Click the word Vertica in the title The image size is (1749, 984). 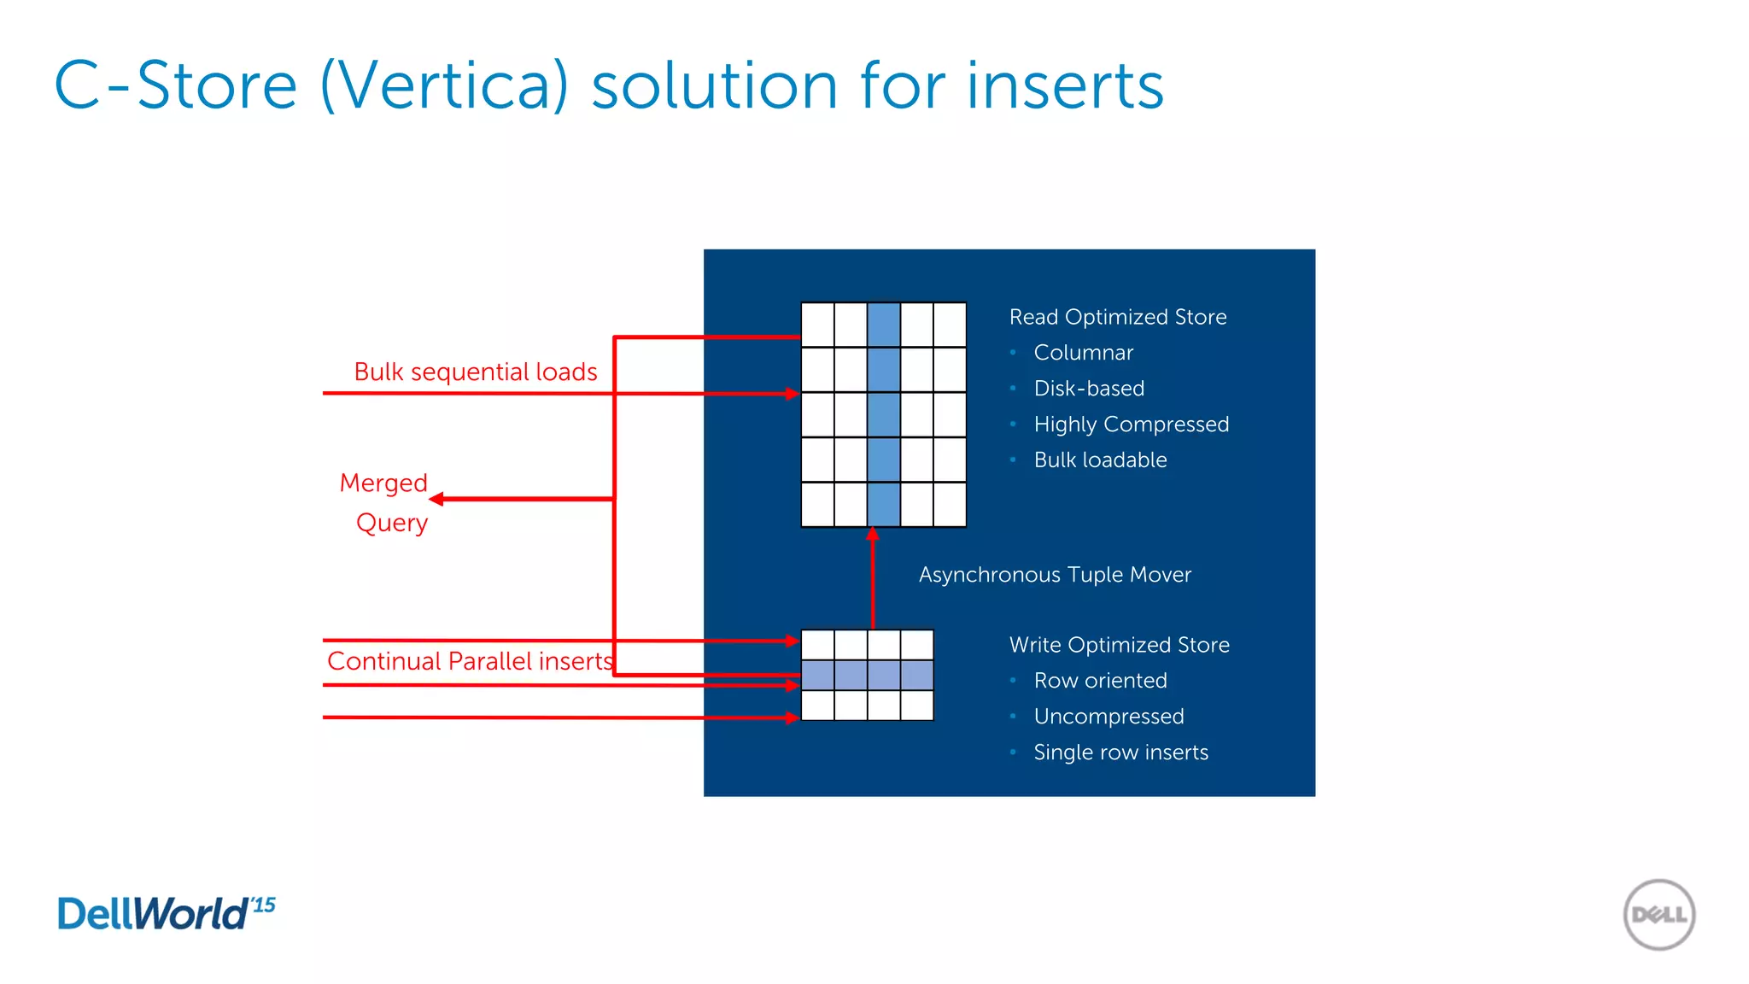[444, 85]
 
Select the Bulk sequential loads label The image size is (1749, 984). [476, 372]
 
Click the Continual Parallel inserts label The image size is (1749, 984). [470, 661]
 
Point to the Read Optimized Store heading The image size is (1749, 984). [1118, 317]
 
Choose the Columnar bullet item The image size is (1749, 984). [1083, 353]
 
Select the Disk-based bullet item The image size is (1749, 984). [1089, 389]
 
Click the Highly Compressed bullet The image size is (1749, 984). [1131, 425]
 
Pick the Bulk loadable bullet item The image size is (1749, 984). [1100, 460]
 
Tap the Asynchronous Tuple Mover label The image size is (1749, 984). [1055, 575]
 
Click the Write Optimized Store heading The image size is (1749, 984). [1119, 645]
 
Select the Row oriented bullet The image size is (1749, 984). [1100, 681]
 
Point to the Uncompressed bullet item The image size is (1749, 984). [1108, 717]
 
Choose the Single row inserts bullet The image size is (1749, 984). [1120, 753]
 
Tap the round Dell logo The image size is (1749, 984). [1658, 915]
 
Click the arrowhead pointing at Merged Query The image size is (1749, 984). [436, 499]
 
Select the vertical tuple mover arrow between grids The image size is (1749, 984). [872, 581]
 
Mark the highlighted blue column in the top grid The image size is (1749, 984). [883, 414]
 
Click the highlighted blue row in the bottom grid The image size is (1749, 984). [867, 676]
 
